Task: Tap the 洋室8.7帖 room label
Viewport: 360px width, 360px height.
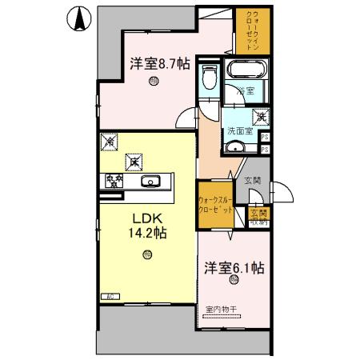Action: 160,63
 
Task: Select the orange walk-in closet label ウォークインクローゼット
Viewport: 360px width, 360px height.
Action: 252,30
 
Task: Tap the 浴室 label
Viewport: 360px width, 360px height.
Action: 245,92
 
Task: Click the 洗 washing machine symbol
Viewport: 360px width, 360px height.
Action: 262,115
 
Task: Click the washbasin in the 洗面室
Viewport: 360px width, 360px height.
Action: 235,147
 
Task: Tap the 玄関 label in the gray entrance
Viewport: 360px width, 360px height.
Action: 252,181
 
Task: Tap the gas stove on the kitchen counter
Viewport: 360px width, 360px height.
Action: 111,181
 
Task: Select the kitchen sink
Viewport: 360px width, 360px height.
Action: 150,181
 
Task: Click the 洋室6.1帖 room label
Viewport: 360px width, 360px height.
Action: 234,268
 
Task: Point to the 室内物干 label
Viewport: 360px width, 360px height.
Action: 221,309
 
